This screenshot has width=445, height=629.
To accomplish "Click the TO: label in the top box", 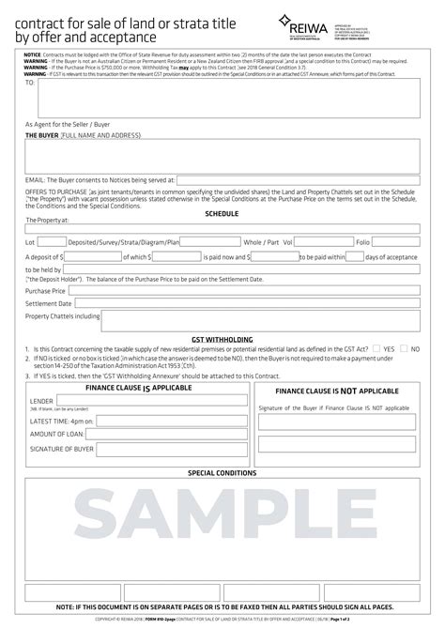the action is [30, 83].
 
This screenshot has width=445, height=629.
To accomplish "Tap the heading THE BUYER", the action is [41, 135].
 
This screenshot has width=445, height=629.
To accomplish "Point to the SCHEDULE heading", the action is [222, 213].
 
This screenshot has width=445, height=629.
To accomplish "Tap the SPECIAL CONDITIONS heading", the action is [222, 473].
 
